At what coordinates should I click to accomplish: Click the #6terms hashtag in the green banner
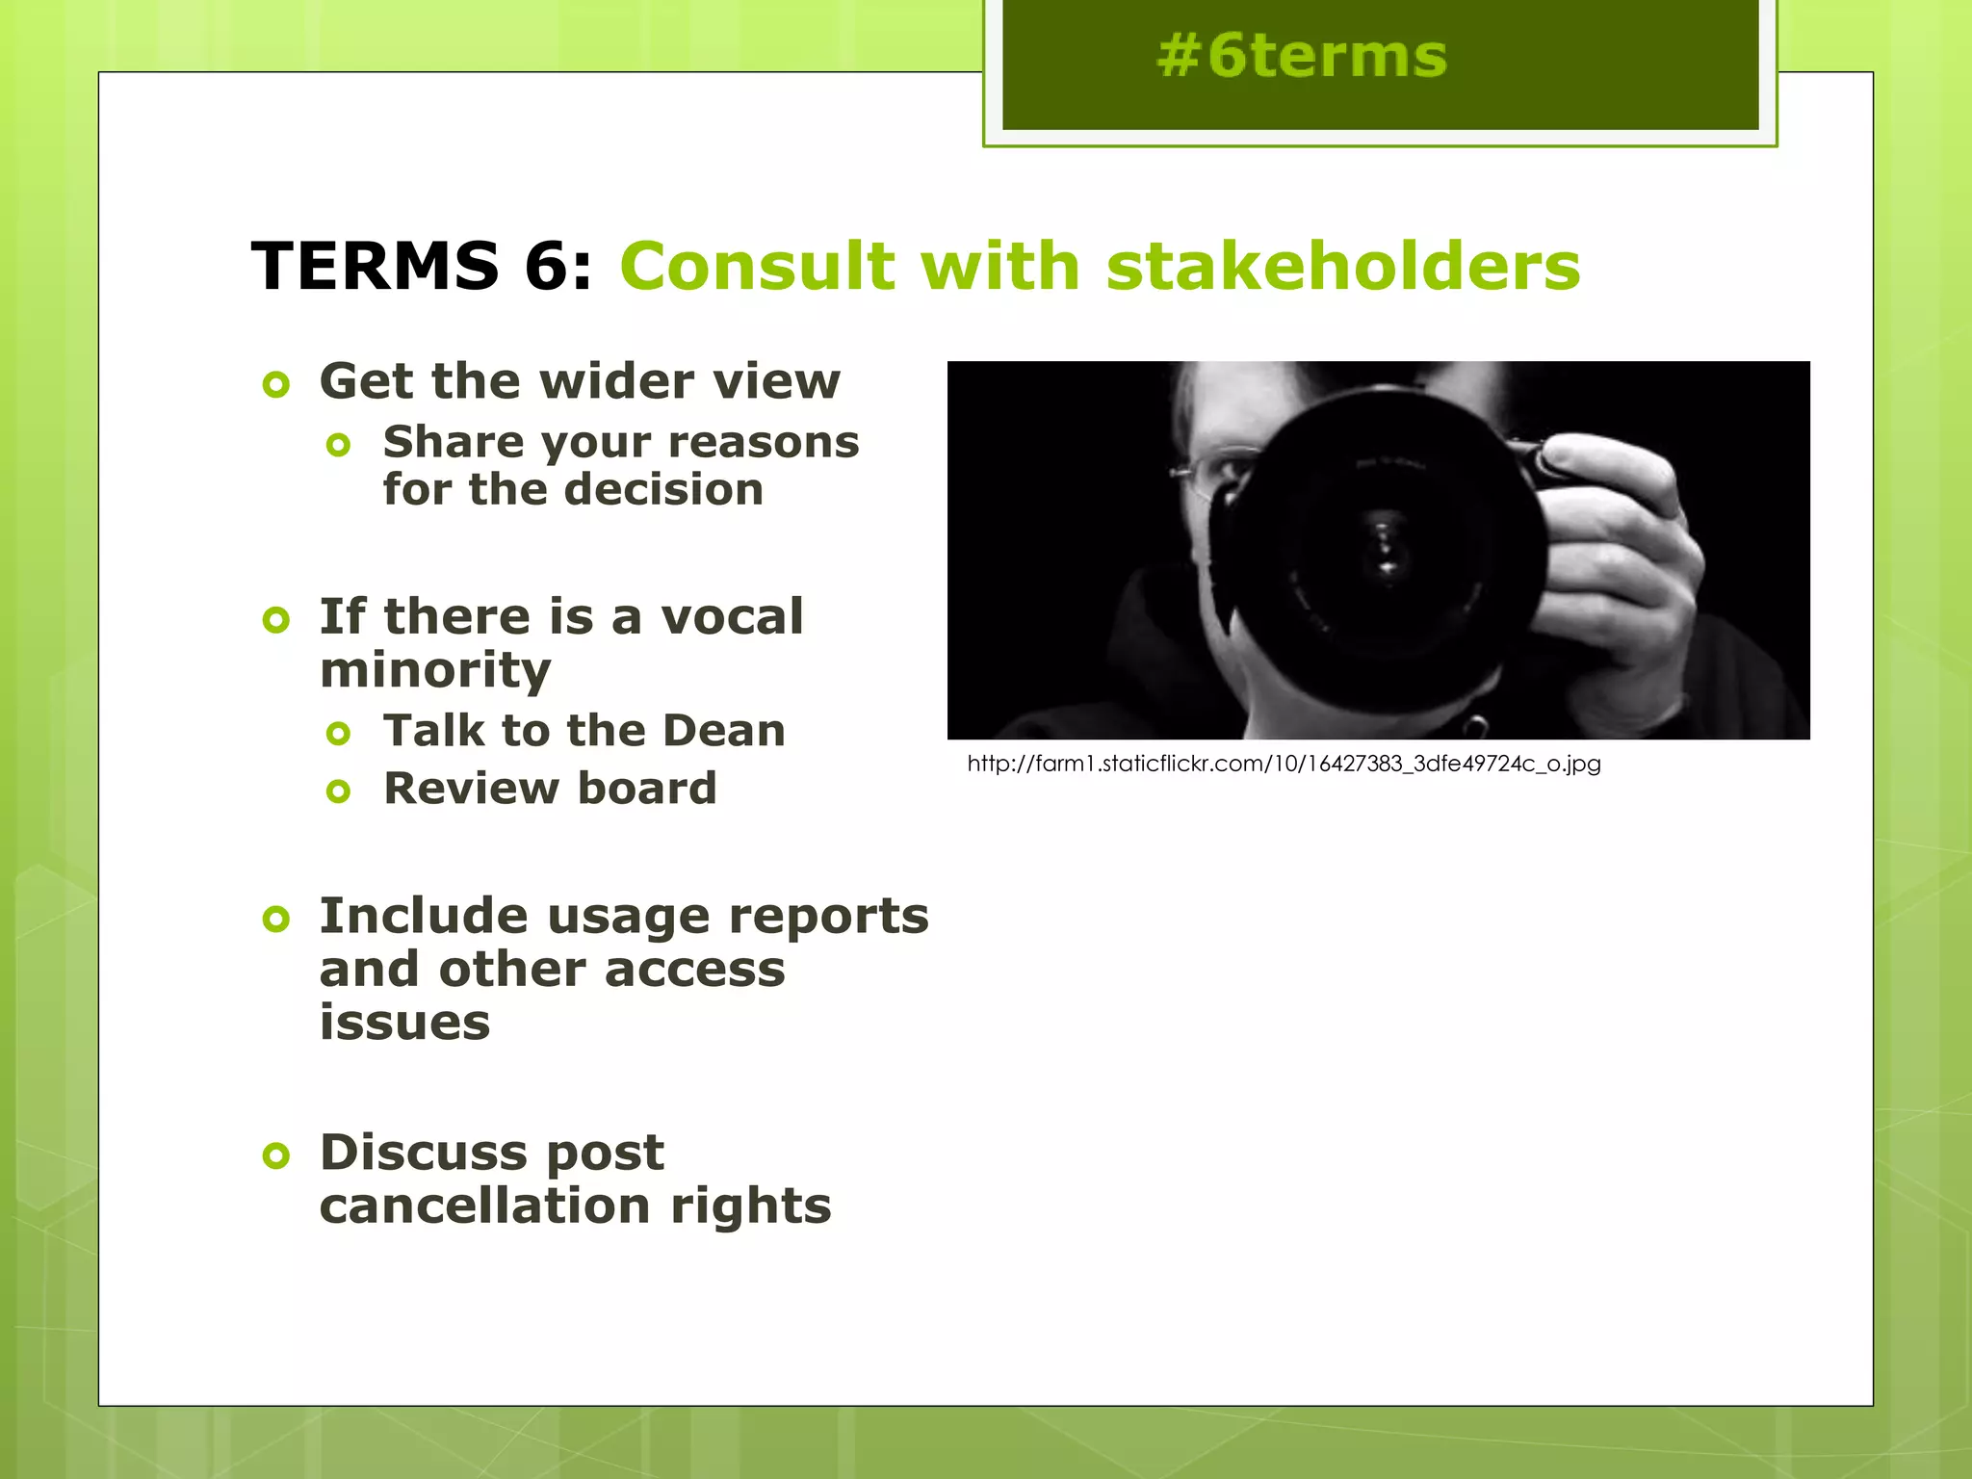coord(1302,56)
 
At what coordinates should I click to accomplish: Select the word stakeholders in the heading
coord(1343,266)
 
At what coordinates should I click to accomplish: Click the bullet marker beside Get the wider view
coord(276,385)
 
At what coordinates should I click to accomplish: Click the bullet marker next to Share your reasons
coord(338,445)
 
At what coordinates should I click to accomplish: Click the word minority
coord(435,670)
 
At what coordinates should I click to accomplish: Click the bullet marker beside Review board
coord(338,791)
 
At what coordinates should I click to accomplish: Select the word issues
coord(404,1022)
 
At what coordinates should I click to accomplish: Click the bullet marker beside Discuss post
coord(276,1155)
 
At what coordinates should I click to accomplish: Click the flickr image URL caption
coord(1284,765)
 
